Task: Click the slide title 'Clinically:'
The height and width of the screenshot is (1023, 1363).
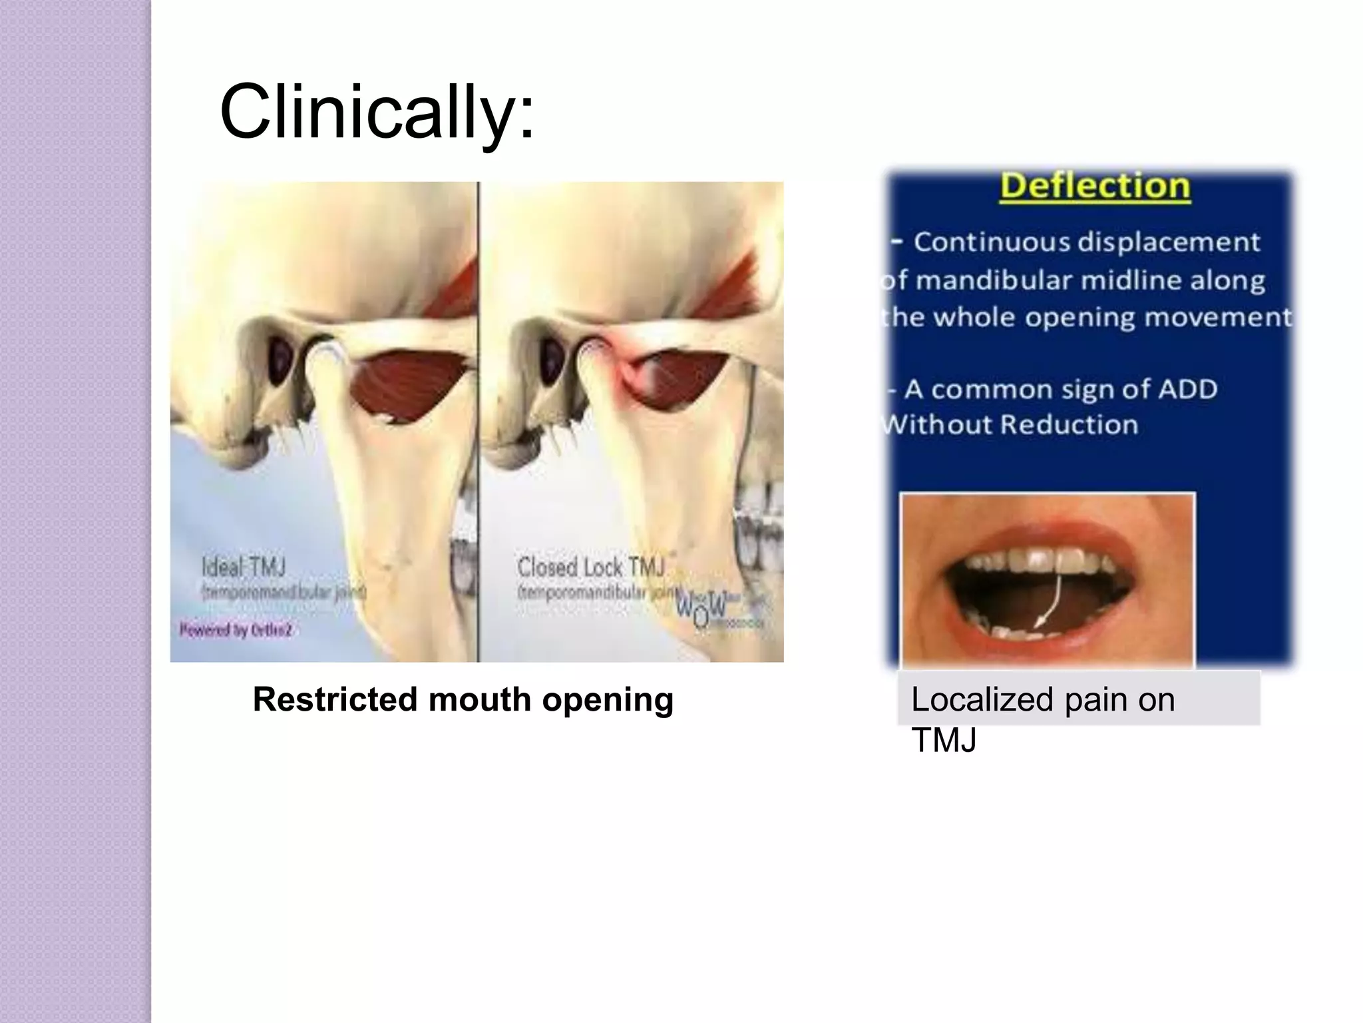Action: pyautogui.click(x=376, y=112)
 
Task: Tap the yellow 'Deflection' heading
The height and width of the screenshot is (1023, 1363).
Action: pyautogui.click(x=1095, y=186)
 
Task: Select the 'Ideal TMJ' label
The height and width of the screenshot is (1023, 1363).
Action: pyautogui.click(x=244, y=568)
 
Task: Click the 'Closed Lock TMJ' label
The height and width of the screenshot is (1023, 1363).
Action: pyautogui.click(x=591, y=568)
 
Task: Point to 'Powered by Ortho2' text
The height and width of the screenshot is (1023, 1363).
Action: pyautogui.click(x=236, y=629)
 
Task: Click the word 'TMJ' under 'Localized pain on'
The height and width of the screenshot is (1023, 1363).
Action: pyautogui.click(x=943, y=740)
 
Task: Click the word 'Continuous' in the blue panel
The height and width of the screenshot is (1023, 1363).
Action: pyautogui.click(x=992, y=242)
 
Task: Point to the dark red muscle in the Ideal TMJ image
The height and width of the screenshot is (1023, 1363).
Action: pyautogui.click(x=406, y=386)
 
